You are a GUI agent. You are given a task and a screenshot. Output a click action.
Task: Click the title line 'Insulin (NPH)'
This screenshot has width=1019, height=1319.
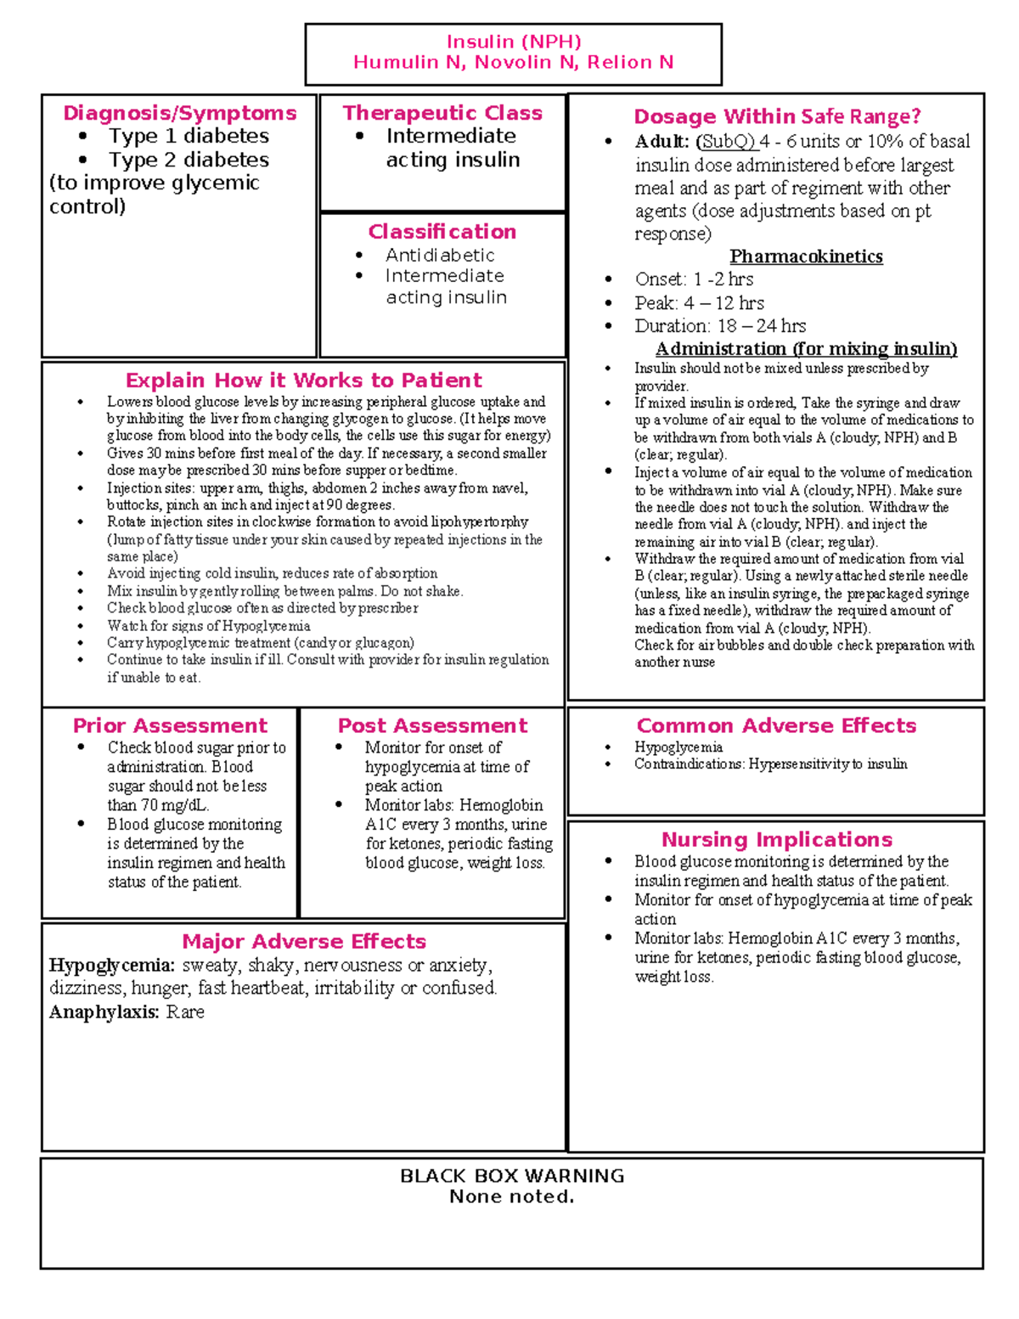tap(514, 42)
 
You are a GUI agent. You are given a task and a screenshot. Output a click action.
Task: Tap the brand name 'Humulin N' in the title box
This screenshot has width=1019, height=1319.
tap(408, 62)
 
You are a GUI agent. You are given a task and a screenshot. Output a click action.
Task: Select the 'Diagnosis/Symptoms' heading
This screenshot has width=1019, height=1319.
tap(179, 113)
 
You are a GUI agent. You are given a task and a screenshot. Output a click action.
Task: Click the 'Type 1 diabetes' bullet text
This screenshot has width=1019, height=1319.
tap(188, 136)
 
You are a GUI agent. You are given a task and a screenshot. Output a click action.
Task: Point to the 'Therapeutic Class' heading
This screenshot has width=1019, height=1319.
tap(442, 113)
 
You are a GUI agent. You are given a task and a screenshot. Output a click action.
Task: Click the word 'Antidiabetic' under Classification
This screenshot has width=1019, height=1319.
tap(440, 255)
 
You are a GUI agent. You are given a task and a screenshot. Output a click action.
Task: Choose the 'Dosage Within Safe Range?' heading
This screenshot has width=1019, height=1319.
tap(777, 116)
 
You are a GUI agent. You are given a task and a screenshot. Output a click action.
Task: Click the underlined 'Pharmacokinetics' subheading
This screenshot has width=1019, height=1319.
tap(806, 256)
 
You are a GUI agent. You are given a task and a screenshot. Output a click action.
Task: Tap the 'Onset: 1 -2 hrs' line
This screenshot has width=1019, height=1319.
tap(694, 279)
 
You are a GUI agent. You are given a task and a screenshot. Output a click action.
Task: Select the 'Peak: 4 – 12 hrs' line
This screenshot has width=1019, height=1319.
tap(699, 303)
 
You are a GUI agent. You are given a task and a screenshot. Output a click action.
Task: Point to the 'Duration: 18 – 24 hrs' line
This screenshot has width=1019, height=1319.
tap(720, 326)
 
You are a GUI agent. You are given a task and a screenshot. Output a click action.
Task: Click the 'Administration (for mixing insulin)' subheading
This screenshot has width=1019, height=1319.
tap(806, 349)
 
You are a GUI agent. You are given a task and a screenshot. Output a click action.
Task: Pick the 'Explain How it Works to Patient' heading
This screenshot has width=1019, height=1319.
tap(303, 380)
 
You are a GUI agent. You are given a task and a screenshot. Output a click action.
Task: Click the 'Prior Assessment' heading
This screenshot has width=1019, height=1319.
tap(170, 725)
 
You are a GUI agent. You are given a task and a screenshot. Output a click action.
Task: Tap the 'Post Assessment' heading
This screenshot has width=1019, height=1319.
tap(432, 725)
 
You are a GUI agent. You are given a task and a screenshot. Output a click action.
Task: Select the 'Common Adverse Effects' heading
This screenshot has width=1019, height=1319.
tap(776, 725)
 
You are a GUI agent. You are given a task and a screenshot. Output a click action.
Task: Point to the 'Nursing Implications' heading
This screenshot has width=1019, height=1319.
tap(776, 839)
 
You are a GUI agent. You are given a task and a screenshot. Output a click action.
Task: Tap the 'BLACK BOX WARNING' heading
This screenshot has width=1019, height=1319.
tap(512, 1175)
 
